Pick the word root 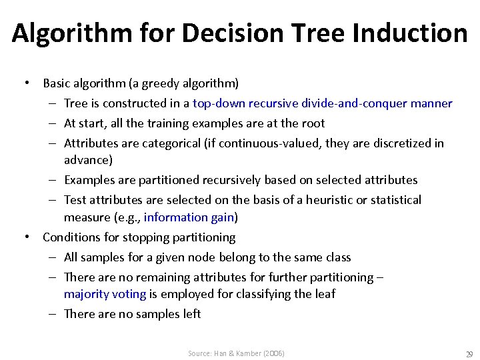point(313,123)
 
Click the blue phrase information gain point(189,217)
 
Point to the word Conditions point(70,237)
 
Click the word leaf point(323,294)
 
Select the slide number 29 point(469,354)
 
